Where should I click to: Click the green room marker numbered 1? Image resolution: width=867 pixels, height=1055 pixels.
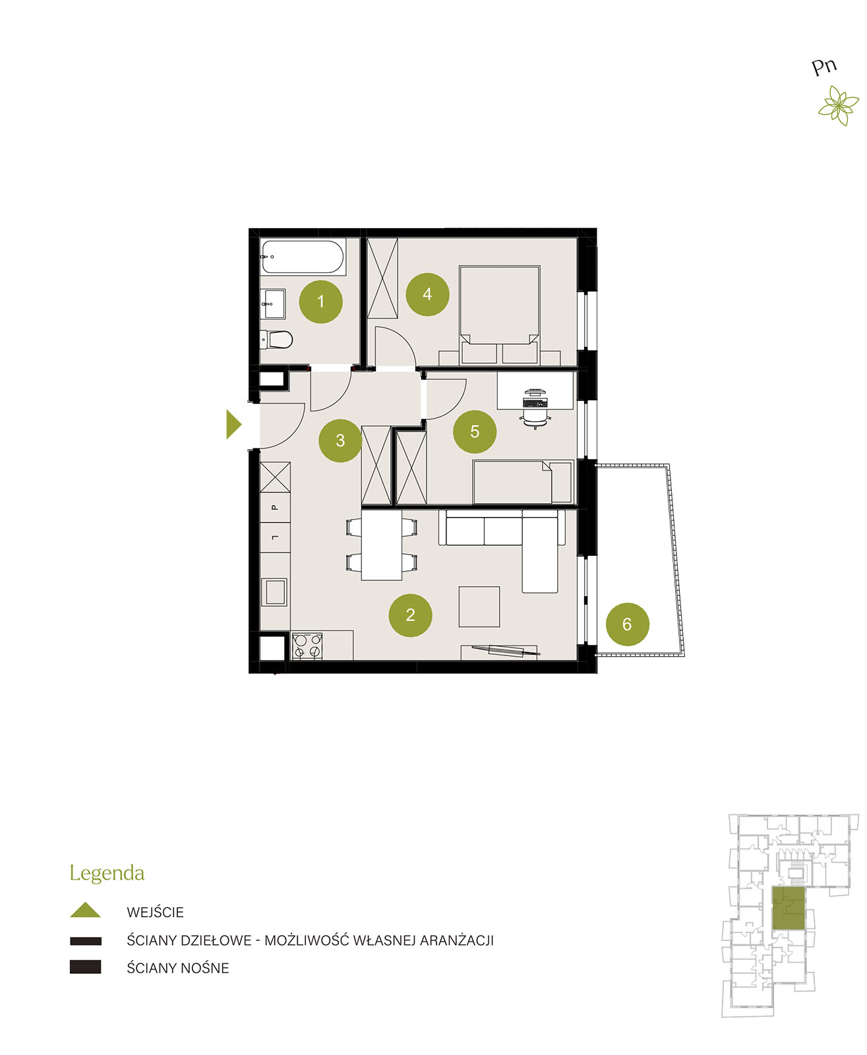coord(320,301)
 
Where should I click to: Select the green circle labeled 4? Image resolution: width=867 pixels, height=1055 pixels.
coord(427,294)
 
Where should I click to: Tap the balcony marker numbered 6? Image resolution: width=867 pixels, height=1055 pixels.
coord(628,624)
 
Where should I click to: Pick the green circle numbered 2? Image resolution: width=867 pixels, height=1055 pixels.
coord(410,615)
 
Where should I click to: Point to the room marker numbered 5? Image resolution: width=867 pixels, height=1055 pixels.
coord(475,431)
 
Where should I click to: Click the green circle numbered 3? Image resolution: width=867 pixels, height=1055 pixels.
coord(340,440)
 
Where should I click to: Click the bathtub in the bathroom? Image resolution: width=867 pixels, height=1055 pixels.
coord(303,257)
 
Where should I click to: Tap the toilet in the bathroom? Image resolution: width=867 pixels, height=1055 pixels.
coord(276,340)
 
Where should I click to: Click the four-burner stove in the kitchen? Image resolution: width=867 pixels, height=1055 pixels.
coord(307,646)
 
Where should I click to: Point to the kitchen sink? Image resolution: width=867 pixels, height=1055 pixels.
coord(275,592)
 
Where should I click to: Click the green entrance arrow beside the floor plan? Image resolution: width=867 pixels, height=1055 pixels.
coord(233,424)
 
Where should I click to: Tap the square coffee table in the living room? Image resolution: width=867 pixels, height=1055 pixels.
coord(479,606)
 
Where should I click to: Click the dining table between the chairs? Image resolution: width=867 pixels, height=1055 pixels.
coord(381,545)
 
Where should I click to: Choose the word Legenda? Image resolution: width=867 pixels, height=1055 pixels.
coord(107,872)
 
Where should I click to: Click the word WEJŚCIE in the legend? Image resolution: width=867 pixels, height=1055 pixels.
coord(155,912)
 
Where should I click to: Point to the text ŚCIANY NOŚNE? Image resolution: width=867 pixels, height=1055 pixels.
coord(178,968)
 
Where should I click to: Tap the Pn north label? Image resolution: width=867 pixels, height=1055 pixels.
coord(823,67)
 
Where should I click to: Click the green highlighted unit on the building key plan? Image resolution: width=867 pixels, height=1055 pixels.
coord(788,907)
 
